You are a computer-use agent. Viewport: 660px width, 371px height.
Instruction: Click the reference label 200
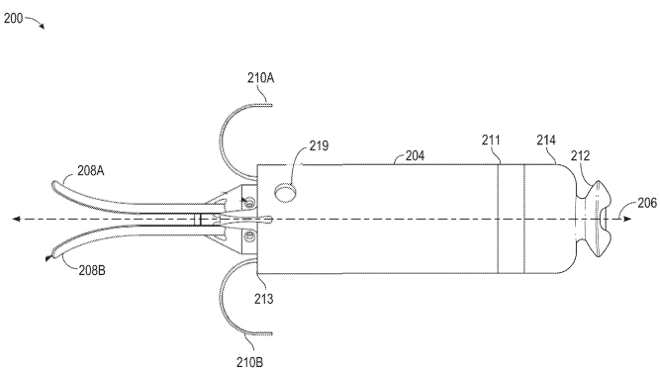13,19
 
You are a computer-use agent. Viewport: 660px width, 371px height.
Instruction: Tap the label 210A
260,78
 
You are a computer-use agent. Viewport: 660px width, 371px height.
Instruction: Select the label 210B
249,362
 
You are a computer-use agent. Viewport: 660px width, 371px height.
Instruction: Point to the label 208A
90,171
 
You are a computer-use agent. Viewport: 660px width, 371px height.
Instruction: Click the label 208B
92,270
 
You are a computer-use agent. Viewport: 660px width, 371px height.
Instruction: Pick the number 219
319,145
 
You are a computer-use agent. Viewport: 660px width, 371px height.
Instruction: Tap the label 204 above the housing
415,155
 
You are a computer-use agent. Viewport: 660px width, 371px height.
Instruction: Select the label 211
491,140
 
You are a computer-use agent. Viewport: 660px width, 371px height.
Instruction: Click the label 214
546,140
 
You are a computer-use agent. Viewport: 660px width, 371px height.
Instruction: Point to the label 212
581,155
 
